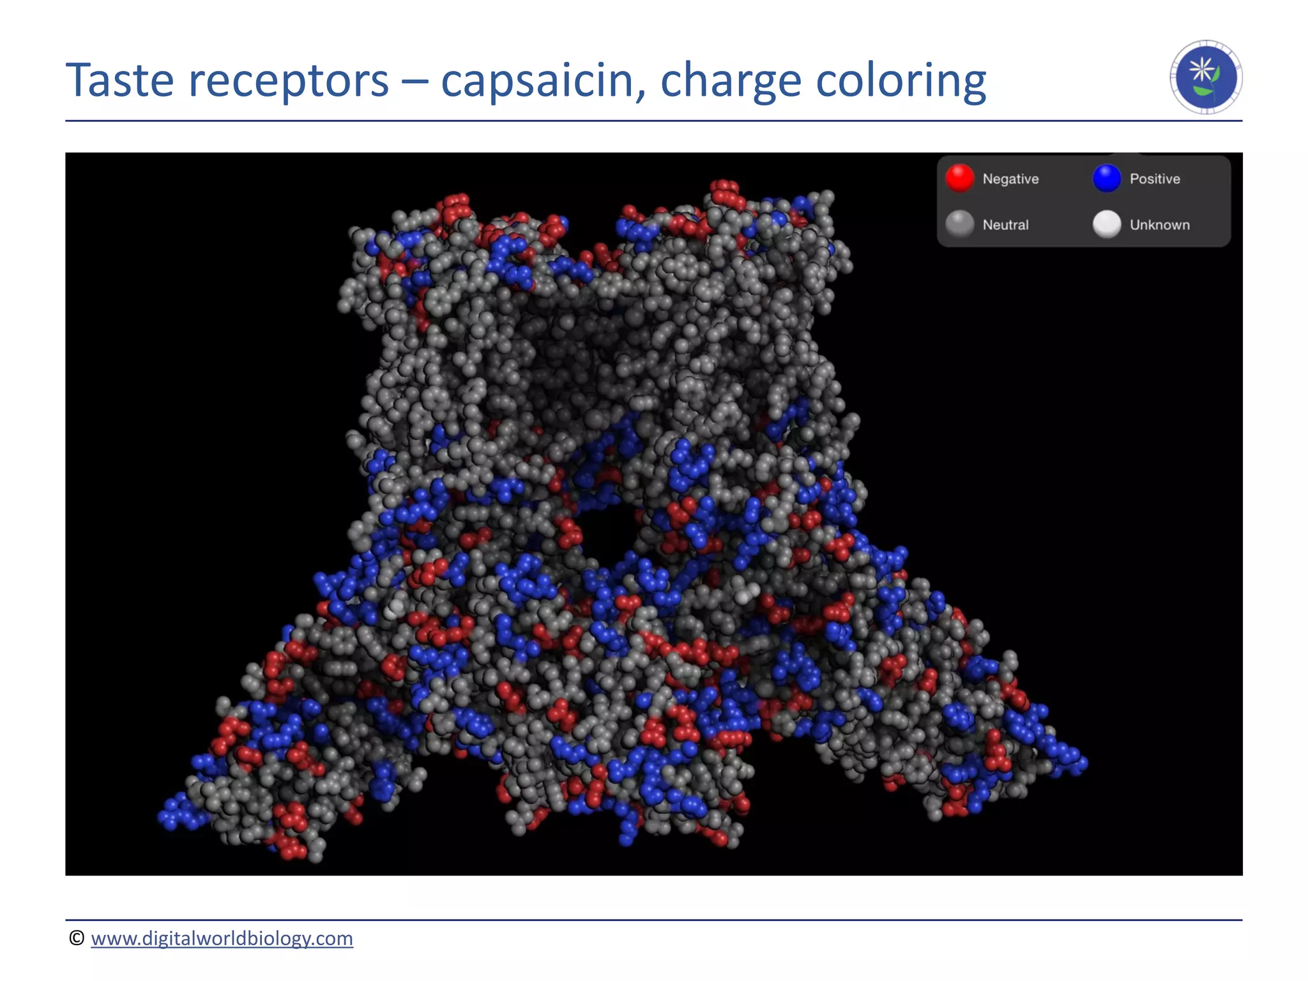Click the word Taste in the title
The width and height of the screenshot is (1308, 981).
click(x=120, y=80)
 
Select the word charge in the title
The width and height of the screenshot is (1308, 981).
click(x=730, y=82)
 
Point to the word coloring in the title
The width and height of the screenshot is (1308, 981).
click(x=901, y=82)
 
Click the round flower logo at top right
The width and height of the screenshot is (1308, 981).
click(x=1206, y=77)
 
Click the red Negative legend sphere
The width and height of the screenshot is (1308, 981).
click(x=959, y=178)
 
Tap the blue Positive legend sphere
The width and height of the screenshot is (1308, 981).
click(x=1107, y=178)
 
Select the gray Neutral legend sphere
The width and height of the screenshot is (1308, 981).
click(x=959, y=224)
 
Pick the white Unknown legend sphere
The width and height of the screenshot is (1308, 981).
click(x=1107, y=224)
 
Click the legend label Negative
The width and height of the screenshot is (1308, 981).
click(x=1010, y=179)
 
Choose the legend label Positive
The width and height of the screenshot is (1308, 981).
click(x=1155, y=179)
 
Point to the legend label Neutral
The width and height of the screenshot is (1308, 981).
click(x=1005, y=225)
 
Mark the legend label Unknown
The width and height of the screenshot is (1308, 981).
click(x=1159, y=225)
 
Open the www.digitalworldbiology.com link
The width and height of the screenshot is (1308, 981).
click(x=222, y=938)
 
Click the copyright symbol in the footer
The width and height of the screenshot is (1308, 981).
click(x=77, y=938)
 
